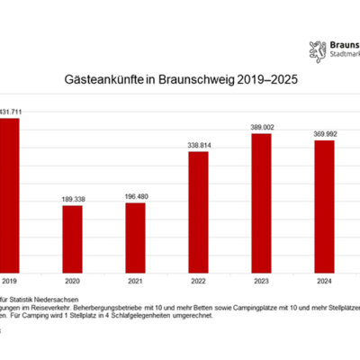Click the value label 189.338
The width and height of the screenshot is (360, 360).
click(x=72, y=199)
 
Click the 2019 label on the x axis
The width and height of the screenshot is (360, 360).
click(x=9, y=279)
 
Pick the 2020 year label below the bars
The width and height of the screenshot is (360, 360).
click(x=72, y=279)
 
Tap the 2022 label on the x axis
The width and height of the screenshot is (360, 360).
click(x=198, y=279)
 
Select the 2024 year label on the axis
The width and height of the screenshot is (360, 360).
click(x=324, y=279)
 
